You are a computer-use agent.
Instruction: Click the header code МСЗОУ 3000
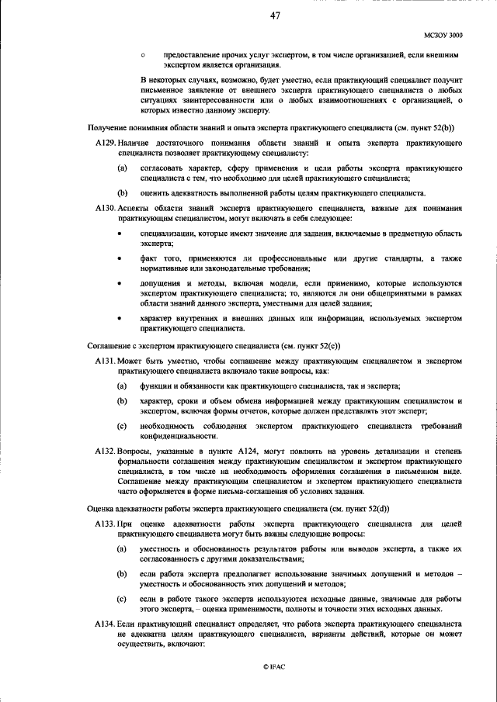click(444, 35)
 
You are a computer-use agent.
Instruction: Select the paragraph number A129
click(105, 144)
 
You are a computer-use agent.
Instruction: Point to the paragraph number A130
click(105, 209)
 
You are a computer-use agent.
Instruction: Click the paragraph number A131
click(105, 362)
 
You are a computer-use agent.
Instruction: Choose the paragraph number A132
click(105, 451)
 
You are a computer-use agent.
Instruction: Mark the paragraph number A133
click(105, 525)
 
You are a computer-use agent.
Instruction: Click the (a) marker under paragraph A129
click(122, 168)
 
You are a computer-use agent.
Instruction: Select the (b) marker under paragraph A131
click(122, 400)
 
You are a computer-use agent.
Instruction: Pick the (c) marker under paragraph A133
click(122, 600)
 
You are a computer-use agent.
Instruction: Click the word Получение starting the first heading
click(110, 126)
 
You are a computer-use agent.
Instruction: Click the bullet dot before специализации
click(119, 233)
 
